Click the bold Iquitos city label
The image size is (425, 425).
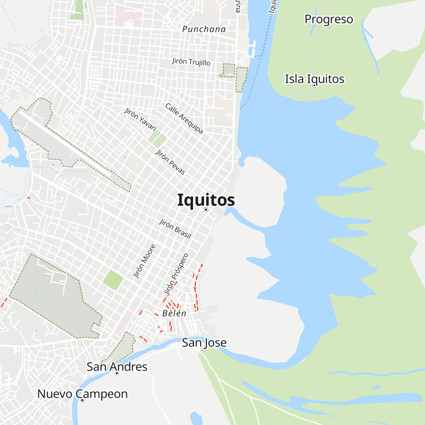[x=206, y=200]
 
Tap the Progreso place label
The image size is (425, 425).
[x=329, y=19]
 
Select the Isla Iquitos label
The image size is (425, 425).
[x=314, y=79]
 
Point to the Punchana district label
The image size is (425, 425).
[x=204, y=29]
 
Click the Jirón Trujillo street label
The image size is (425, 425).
[x=191, y=62]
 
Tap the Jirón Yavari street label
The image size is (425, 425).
[x=140, y=119]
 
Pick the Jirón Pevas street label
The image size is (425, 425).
[x=170, y=162]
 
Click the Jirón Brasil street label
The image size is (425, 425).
[x=175, y=228]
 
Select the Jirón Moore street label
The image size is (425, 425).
[x=144, y=261]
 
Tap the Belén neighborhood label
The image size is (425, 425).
[x=174, y=313]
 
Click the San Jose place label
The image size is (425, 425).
[x=204, y=342]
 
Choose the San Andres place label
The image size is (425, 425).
[x=117, y=367]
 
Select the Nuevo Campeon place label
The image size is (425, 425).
[x=83, y=394]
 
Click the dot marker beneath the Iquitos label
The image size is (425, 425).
[x=206, y=210]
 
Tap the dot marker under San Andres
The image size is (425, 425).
[x=117, y=373]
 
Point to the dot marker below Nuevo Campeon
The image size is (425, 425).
[x=82, y=400]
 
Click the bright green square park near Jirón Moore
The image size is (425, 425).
[x=113, y=280]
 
